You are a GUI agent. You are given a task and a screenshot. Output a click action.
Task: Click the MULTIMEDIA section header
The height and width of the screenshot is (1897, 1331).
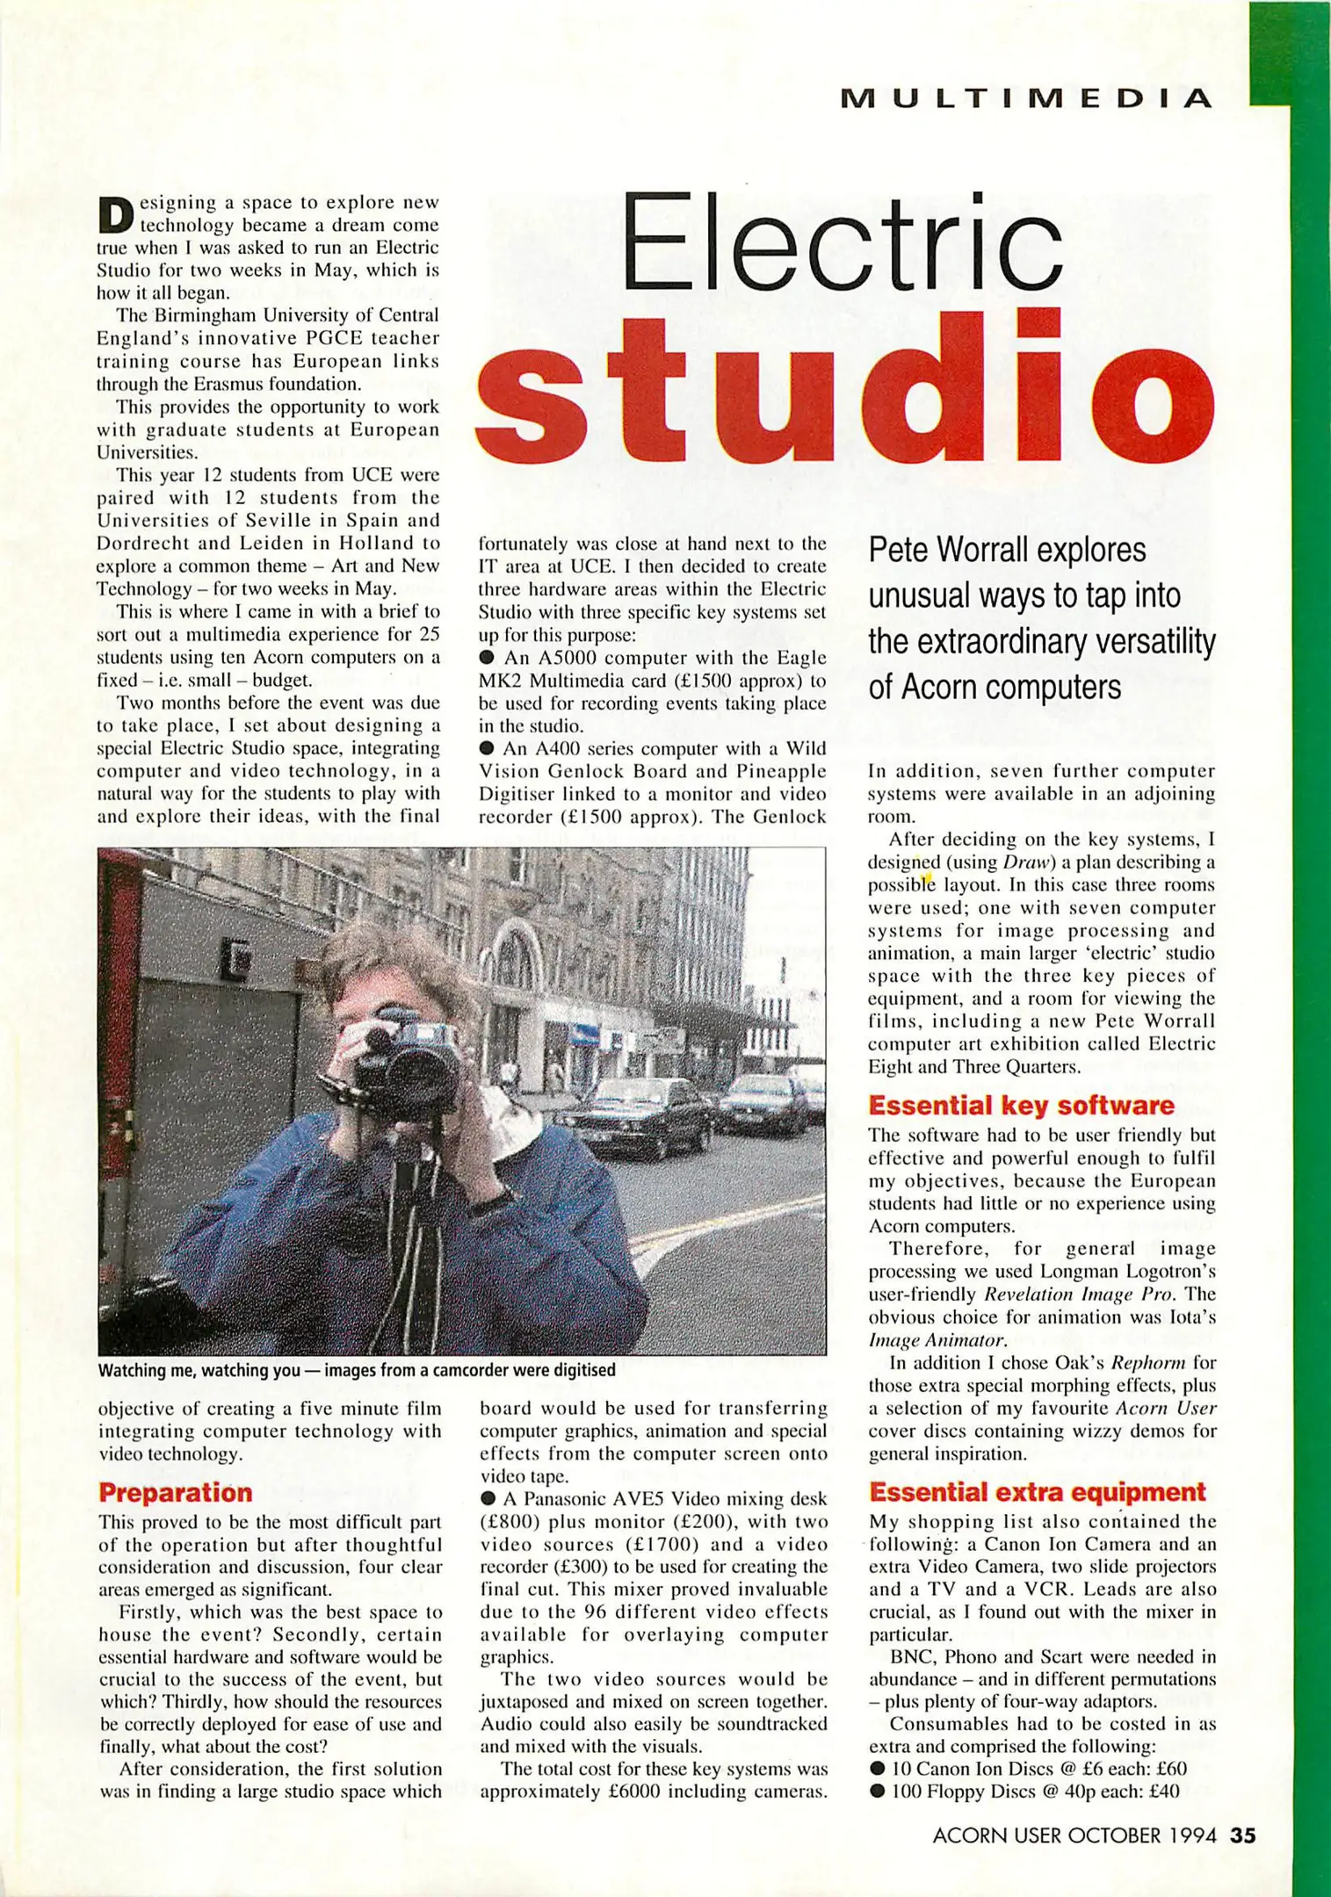1026,98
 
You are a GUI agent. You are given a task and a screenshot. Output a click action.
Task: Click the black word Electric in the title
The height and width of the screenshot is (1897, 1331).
841,243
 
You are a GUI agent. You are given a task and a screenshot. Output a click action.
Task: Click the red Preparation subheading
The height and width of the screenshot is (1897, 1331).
176,1493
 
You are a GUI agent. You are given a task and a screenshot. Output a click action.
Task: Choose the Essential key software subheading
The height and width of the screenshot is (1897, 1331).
1021,1106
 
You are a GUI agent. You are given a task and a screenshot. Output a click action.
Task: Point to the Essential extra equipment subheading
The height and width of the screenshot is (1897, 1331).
1038,1492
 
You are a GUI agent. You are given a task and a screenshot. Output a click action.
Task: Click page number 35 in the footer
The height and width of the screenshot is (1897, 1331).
1243,1836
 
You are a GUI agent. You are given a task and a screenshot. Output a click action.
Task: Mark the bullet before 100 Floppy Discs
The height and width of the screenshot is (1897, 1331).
877,1791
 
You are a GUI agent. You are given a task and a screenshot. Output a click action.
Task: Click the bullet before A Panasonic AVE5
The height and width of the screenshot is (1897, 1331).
488,1499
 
